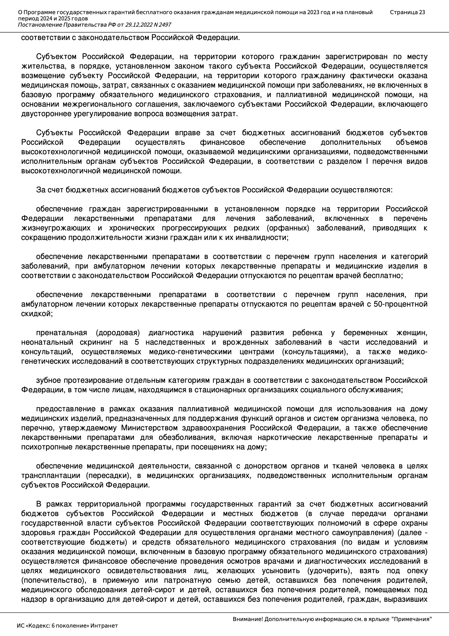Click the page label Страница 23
coord(407,12)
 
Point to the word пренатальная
coord(61,333)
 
